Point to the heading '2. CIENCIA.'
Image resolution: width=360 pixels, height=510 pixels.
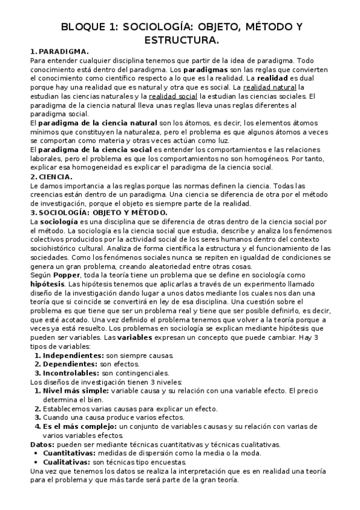tap(51, 177)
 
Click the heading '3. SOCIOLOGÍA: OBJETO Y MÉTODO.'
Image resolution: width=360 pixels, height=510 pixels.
tap(99, 212)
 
